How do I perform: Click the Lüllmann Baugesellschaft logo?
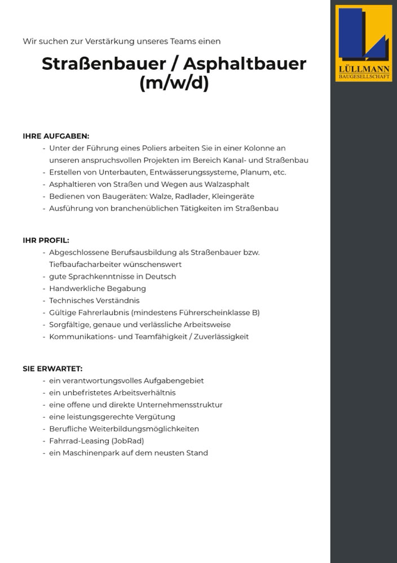click(364, 43)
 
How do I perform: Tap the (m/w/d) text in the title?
click(174, 83)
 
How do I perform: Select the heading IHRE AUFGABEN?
click(56, 136)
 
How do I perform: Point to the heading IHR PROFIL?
click(46, 240)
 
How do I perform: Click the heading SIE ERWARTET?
click(52, 369)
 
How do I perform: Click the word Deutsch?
click(161, 276)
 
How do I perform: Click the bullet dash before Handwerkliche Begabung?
click(44, 289)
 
